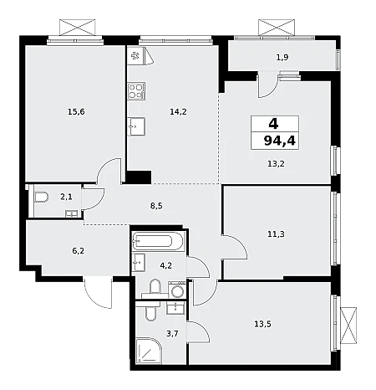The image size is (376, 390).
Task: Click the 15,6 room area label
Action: tap(76, 112)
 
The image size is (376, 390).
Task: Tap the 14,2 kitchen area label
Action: tap(178, 112)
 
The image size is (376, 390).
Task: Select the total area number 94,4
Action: tap(279, 141)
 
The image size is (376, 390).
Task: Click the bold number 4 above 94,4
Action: tap(273, 123)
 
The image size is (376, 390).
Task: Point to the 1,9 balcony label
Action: tap(282, 58)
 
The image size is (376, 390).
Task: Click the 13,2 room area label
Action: tap(276, 164)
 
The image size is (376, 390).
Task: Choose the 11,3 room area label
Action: tap(276, 234)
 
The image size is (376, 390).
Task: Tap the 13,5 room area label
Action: tap(262, 324)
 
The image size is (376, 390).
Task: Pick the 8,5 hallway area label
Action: tap(156, 206)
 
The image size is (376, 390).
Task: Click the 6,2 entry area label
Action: tap(79, 251)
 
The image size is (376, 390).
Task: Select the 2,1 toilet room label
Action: tap(66, 197)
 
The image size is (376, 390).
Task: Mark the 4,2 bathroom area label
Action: tap(165, 265)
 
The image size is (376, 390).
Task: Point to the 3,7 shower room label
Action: tap(172, 333)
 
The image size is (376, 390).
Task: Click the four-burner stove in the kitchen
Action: tap(136, 91)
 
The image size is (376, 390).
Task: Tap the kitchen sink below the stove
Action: tap(136, 126)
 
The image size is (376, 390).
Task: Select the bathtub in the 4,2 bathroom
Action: tap(158, 241)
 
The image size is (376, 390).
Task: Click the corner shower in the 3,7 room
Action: tap(149, 351)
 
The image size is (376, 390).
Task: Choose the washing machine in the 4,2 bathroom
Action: tap(176, 290)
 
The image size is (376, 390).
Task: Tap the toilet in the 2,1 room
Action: tap(42, 198)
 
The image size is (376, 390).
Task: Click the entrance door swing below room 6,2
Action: tap(98, 292)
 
